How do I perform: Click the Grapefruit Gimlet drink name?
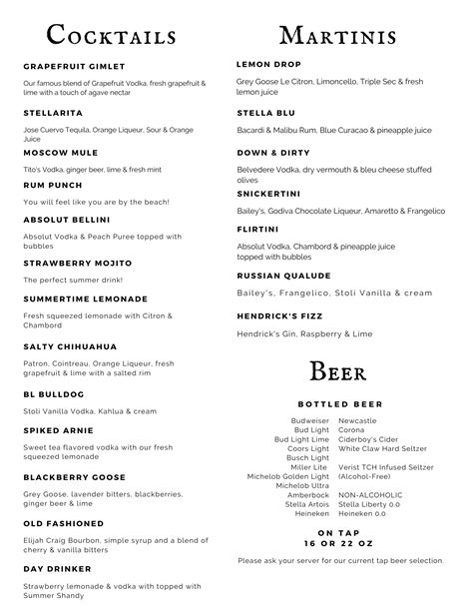point(74,66)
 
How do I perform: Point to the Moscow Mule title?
point(60,153)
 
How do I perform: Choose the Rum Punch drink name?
point(53,184)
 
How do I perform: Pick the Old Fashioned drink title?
point(63,523)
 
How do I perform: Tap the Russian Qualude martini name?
point(283,275)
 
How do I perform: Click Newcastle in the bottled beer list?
point(357,421)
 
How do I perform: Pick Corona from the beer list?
point(352,430)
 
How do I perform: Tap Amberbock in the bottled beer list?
point(308,495)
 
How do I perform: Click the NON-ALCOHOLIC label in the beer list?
point(370,494)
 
